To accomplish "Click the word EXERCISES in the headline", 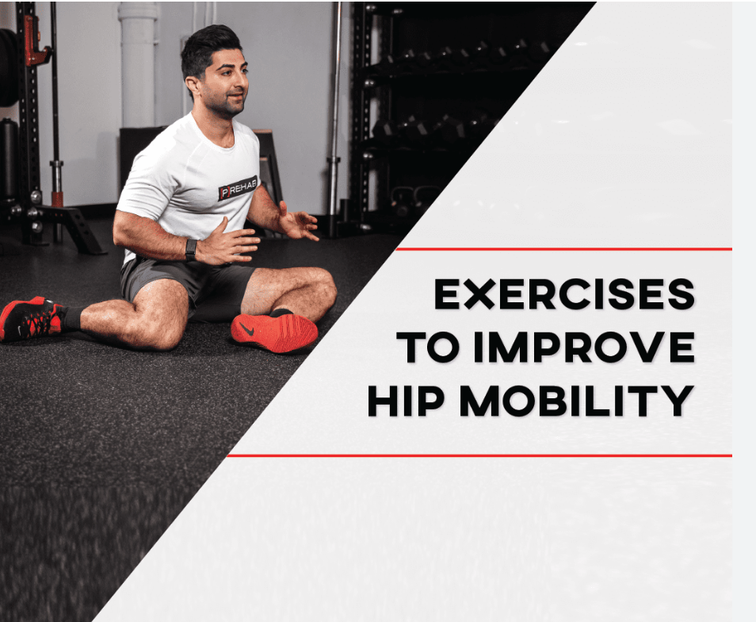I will [563, 296].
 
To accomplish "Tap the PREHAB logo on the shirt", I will [237, 188].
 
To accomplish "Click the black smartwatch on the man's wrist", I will [190, 249].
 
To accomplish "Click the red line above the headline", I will [563, 249].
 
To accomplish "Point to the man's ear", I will [193, 82].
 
